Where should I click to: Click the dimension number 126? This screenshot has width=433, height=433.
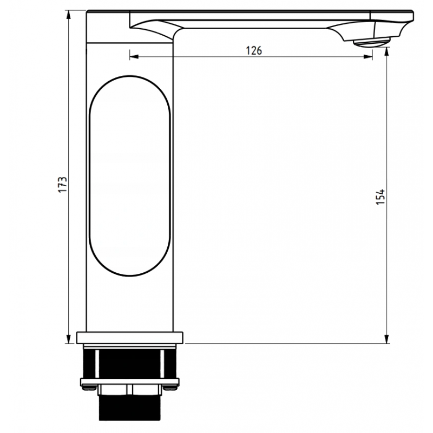254,51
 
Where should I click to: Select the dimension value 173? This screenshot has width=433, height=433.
63,184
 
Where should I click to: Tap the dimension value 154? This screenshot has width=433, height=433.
380,196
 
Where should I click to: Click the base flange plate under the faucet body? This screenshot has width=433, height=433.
130,338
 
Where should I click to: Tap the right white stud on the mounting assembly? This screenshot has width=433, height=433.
161,363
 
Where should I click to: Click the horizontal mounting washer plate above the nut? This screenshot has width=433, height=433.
130,380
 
